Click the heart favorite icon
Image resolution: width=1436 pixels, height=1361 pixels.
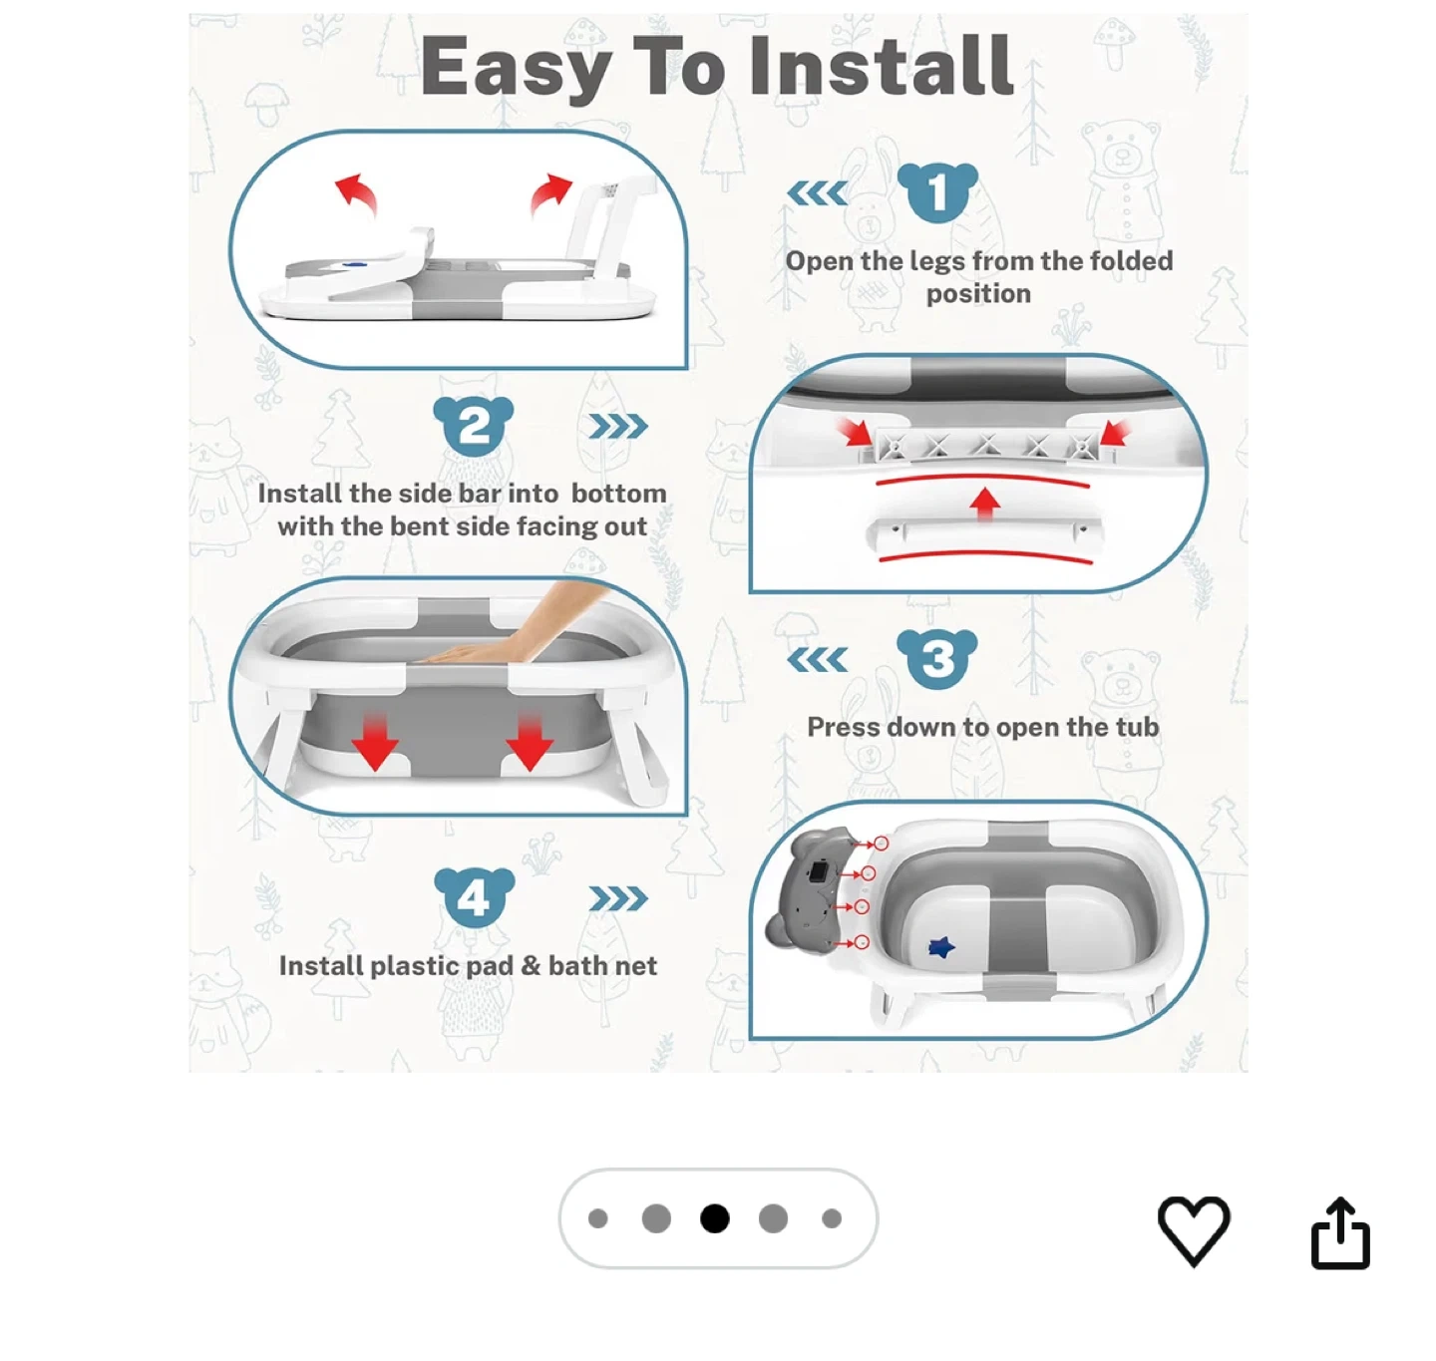(1193, 1230)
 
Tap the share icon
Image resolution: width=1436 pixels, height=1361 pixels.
(1339, 1232)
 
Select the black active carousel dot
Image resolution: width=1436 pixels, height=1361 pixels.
(714, 1217)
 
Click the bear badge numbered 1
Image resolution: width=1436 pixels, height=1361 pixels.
(936, 192)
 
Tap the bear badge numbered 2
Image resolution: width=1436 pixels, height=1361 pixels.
(473, 425)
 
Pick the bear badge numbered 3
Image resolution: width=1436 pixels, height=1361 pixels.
(936, 658)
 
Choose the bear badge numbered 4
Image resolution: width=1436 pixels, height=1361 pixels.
(474, 897)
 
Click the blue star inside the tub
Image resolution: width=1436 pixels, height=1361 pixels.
(940, 947)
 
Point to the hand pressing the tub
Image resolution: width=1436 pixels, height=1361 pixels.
(512, 628)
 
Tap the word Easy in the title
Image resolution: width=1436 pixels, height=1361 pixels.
(516, 71)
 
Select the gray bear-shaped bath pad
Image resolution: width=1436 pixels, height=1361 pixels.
(810, 891)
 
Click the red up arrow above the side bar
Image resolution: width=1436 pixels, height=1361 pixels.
(984, 503)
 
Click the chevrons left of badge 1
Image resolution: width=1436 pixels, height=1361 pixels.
(818, 193)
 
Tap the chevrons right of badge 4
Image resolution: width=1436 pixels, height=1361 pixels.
(618, 897)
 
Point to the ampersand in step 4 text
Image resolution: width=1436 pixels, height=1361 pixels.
(531, 966)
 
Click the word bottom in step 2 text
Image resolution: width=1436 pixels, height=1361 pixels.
(618, 494)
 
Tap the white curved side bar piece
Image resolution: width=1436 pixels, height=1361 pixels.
(983, 535)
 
